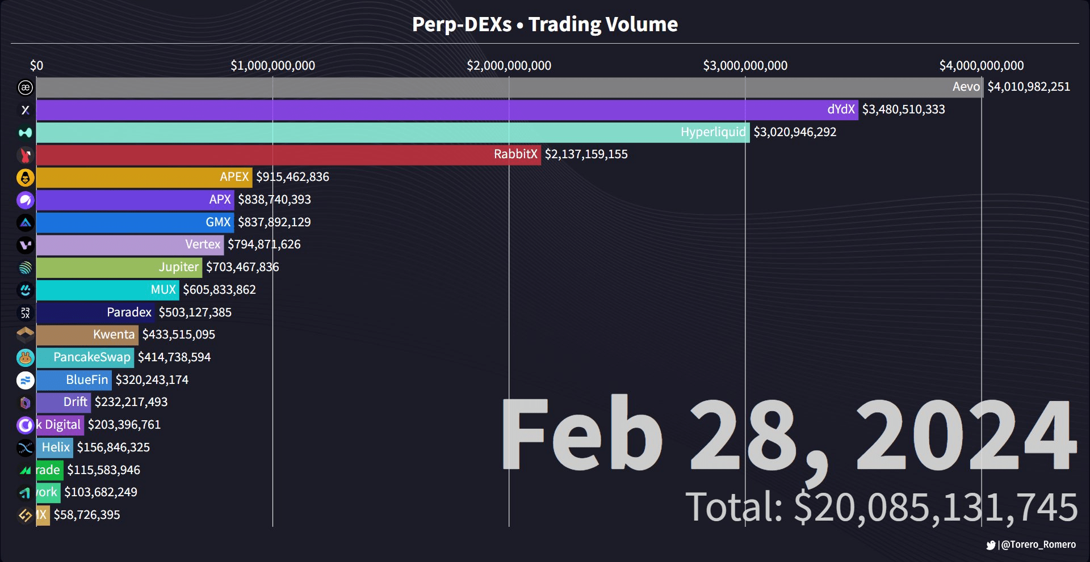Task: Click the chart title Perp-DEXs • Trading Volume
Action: pyautogui.click(x=545, y=24)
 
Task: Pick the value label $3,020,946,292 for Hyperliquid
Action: pyautogui.click(x=795, y=132)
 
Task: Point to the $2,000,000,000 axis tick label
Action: pyautogui.click(x=509, y=66)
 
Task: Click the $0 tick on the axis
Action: pyautogui.click(x=36, y=66)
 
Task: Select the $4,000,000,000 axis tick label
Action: pyautogui.click(x=981, y=66)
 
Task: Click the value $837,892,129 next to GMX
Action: pyautogui.click(x=274, y=222)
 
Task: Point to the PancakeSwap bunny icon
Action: pyautogui.click(x=25, y=357)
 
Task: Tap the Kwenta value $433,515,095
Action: pyautogui.click(x=179, y=335)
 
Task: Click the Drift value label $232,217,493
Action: pyautogui.click(x=131, y=402)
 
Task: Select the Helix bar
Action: pyautogui.click(x=54, y=447)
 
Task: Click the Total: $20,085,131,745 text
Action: pyautogui.click(x=881, y=507)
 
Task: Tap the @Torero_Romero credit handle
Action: pyautogui.click(x=1038, y=545)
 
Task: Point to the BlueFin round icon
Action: pyautogui.click(x=25, y=380)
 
